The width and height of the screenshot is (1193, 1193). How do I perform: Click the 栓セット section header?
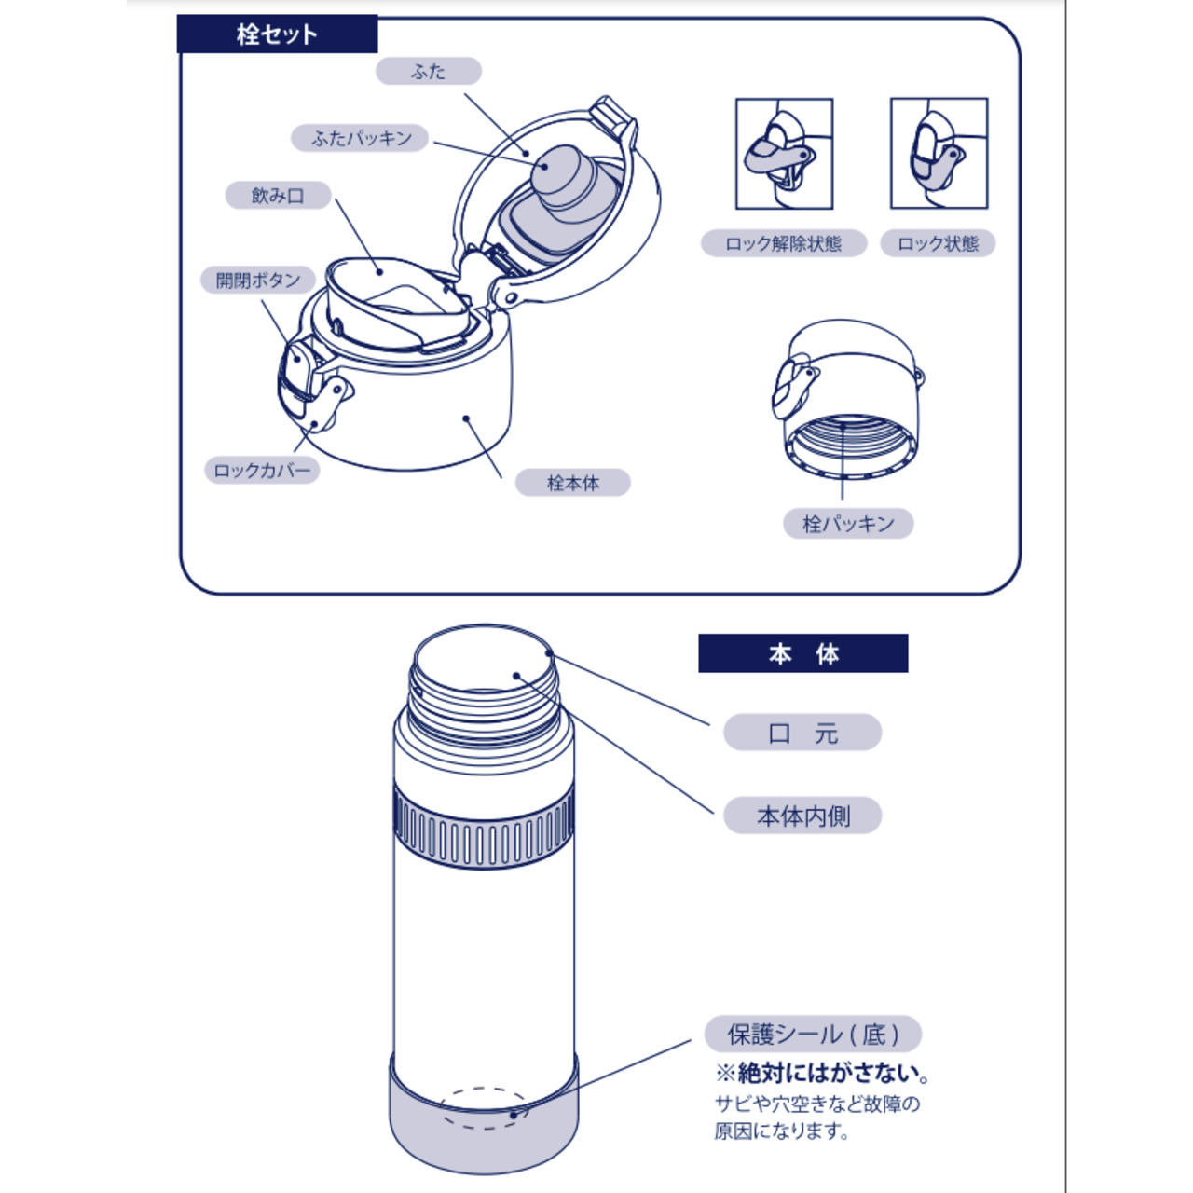pos(277,34)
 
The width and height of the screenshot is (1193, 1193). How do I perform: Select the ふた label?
pos(429,71)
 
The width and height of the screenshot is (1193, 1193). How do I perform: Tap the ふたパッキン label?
pos(361,138)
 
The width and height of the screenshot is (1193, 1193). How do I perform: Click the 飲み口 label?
pos(278,196)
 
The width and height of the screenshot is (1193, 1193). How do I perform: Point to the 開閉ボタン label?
pos(258,280)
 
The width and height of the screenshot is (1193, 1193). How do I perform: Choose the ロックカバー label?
pos(262,470)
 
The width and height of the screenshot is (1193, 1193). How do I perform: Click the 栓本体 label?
pos(572,483)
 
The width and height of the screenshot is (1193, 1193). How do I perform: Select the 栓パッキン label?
pos(848,523)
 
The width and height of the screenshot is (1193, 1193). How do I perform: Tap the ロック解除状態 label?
pos(784,243)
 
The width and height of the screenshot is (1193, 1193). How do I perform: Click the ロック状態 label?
pos(938,243)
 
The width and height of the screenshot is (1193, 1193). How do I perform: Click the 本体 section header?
pos(802,653)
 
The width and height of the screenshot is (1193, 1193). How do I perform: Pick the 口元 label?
pos(802,733)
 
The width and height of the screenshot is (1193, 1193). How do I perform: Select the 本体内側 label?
pos(802,816)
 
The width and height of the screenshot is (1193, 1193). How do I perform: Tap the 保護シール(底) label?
pos(813,1034)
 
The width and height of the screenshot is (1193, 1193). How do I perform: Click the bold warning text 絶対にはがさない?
pos(824,1073)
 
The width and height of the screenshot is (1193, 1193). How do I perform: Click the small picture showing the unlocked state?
pos(784,154)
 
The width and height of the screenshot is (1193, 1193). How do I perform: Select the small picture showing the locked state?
pos(939,154)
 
